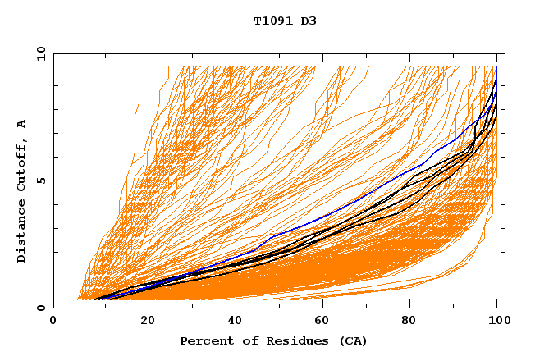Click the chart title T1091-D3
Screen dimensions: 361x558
(x=285, y=21)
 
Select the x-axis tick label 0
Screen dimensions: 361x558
(x=53, y=322)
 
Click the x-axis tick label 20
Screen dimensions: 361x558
(x=143, y=322)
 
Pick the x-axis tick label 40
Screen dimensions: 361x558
(x=231, y=322)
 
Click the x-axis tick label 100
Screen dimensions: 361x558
(x=497, y=322)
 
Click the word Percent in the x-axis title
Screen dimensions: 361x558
(x=204, y=340)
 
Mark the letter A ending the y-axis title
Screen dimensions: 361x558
(x=21, y=123)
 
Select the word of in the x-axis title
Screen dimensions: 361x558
(x=245, y=340)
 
